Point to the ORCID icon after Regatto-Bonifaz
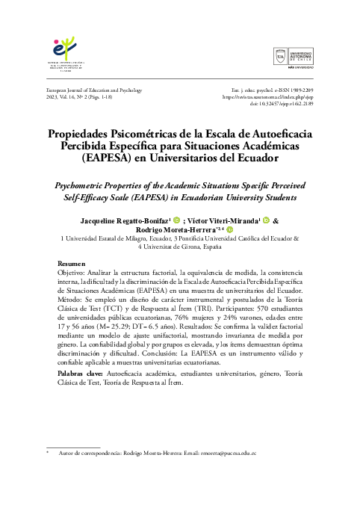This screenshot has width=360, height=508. coord(177,221)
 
